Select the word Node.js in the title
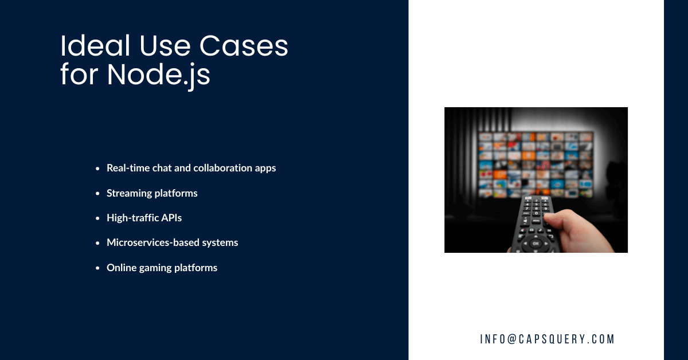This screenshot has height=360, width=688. click(x=159, y=75)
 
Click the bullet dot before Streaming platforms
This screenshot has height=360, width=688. click(x=98, y=194)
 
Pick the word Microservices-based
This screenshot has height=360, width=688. click(x=153, y=242)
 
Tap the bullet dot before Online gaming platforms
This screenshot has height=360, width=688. click(x=98, y=268)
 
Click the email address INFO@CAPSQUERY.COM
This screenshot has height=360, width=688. click(x=547, y=339)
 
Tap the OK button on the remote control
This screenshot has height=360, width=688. click(x=535, y=243)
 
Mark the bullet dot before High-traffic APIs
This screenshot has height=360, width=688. click(x=98, y=218)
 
